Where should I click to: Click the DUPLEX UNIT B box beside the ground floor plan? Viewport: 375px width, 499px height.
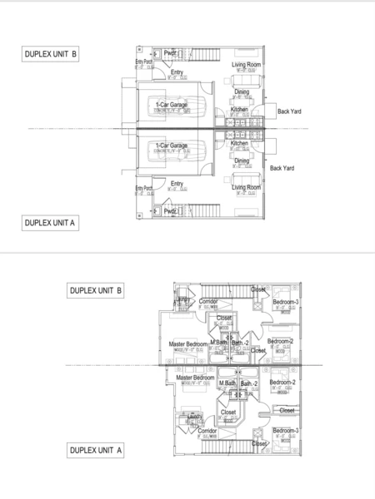(x=51, y=55)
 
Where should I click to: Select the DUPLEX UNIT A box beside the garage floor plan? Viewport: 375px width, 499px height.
(x=51, y=222)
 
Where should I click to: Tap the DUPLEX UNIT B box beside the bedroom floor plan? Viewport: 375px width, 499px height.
(x=96, y=290)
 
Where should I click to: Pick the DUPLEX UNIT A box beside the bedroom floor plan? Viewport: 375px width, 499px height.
(x=96, y=450)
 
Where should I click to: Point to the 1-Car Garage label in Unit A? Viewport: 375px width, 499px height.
(x=172, y=146)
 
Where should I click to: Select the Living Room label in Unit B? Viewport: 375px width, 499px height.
(x=246, y=64)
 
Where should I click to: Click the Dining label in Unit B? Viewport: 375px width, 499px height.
(x=242, y=92)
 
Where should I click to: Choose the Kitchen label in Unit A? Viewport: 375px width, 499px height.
(x=239, y=143)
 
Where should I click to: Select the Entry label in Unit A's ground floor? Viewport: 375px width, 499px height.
(x=177, y=184)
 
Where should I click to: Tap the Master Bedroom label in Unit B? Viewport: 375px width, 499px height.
(x=187, y=343)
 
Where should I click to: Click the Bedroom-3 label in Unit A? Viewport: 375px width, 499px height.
(x=285, y=430)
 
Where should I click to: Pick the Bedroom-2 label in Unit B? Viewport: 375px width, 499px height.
(x=280, y=341)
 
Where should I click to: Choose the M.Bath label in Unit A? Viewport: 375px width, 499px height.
(x=227, y=383)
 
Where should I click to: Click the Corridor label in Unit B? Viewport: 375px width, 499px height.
(x=208, y=301)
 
